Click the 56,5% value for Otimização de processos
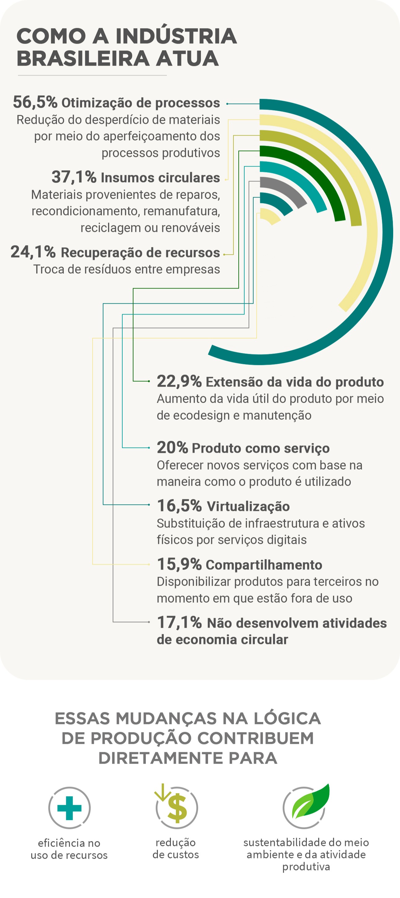[x=35, y=102]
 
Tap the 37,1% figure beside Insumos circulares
[x=74, y=177]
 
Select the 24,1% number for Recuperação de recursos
[x=33, y=252]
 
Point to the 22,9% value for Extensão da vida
[x=179, y=381]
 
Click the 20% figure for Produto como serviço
[x=172, y=448]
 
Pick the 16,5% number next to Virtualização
[x=179, y=505]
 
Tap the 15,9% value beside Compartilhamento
[x=179, y=564]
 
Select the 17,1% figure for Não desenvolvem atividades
[x=179, y=622]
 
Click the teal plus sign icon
[x=69, y=808]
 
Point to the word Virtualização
[x=248, y=506]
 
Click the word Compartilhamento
[x=264, y=565]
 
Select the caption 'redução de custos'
[x=176, y=848]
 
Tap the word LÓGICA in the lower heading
[x=287, y=718]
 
